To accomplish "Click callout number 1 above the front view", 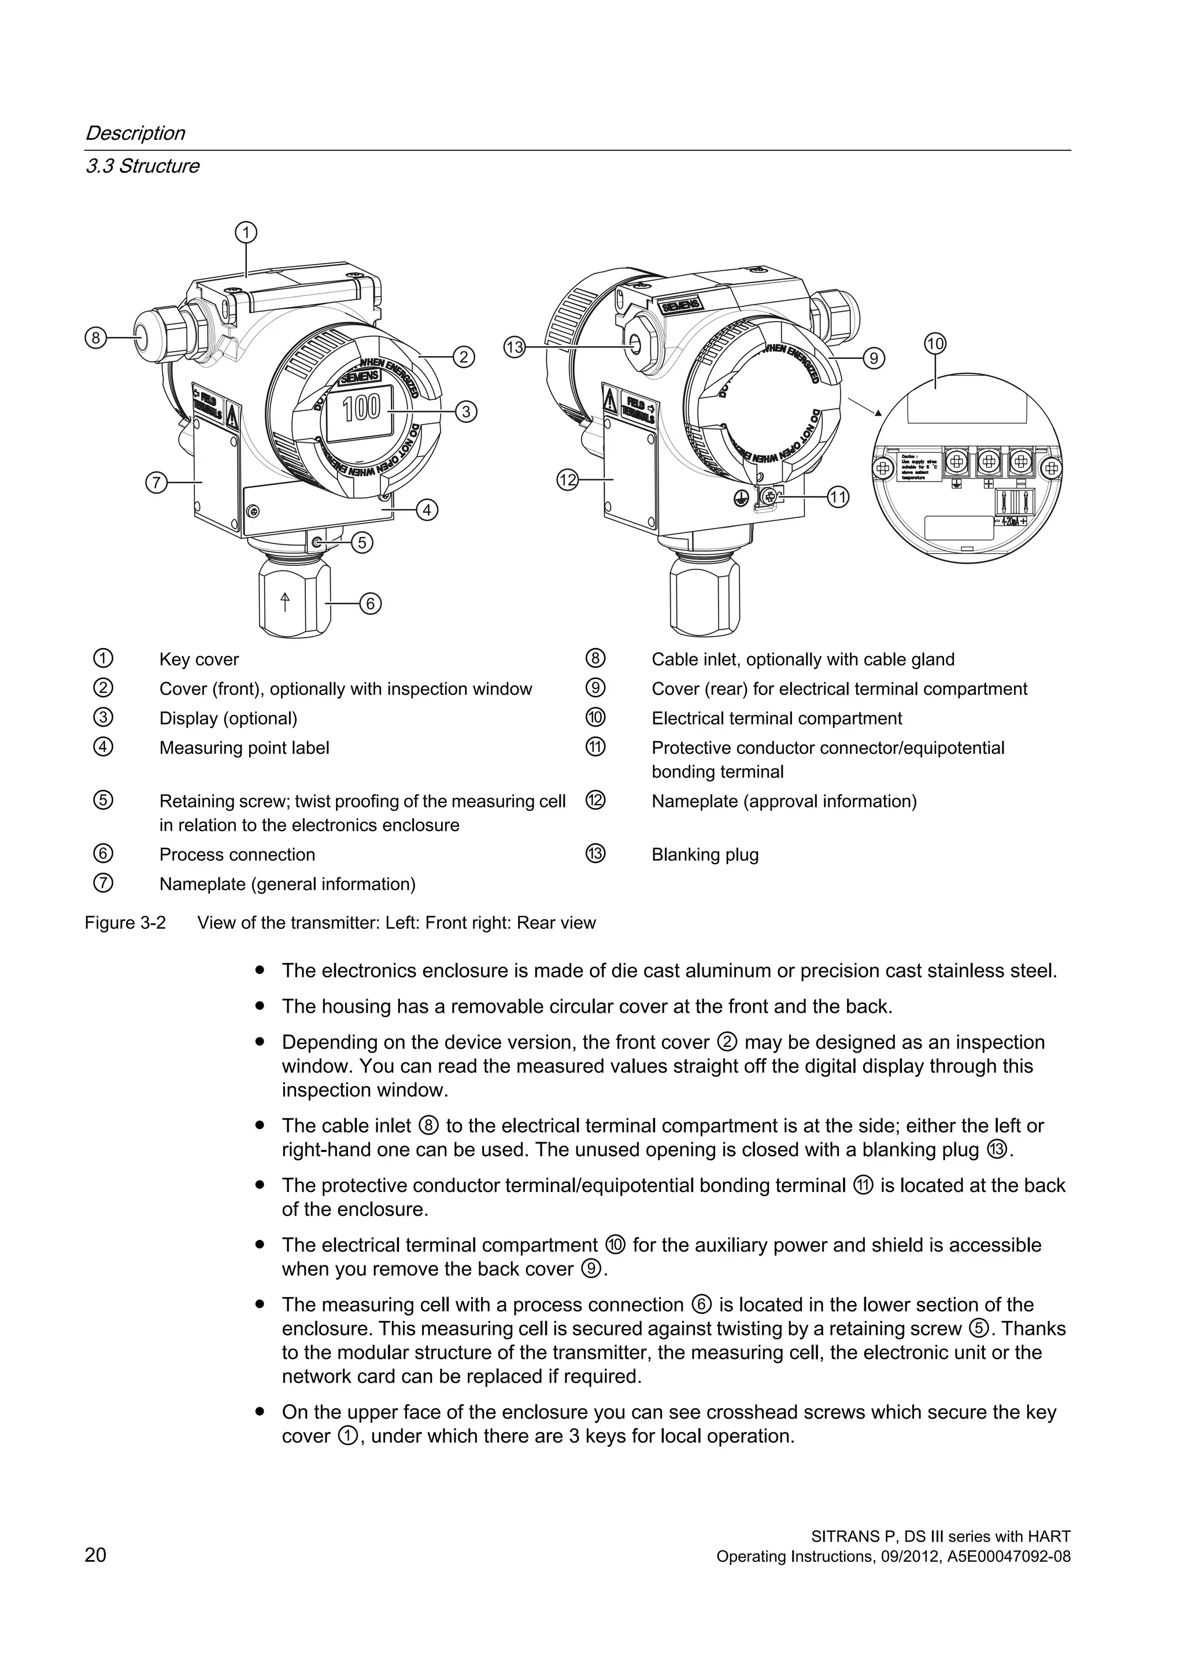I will tap(246, 232).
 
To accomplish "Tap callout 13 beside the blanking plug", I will tap(515, 347).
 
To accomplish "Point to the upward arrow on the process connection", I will tap(285, 602).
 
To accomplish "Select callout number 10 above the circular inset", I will tap(935, 343).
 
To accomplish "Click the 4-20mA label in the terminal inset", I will tap(1017, 522).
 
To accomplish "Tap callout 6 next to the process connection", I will tap(371, 603).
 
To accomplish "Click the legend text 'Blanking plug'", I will tap(704, 855).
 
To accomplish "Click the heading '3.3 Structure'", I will tap(142, 166).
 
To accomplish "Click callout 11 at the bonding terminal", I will tap(838, 498).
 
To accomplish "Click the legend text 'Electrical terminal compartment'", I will tap(776, 719).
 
